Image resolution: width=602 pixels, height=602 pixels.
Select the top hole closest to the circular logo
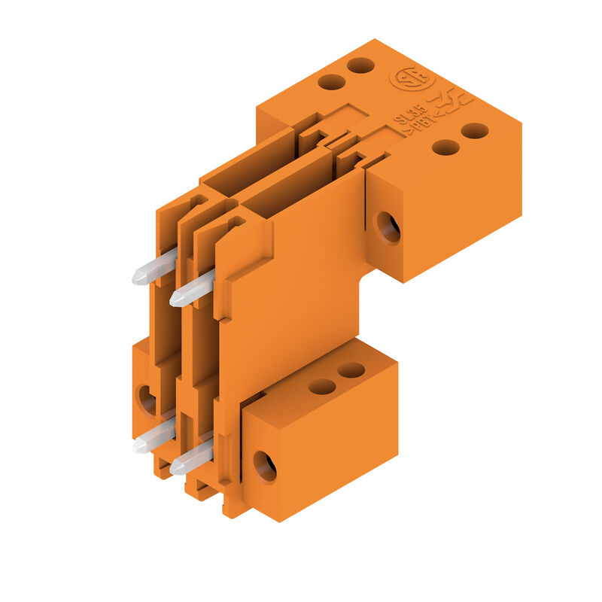click(361, 65)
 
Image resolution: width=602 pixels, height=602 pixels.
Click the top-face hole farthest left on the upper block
click(331, 81)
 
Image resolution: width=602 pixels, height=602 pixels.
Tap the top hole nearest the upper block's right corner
click(475, 131)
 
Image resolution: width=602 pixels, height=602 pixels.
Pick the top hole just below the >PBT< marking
click(445, 147)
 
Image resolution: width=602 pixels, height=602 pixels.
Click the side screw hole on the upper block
click(388, 227)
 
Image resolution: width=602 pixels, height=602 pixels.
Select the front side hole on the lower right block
click(265, 466)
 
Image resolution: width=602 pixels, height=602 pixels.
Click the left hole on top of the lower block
click(322, 386)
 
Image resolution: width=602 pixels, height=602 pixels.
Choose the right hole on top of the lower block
click(351, 370)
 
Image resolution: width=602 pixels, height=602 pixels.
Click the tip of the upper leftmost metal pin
click(139, 278)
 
